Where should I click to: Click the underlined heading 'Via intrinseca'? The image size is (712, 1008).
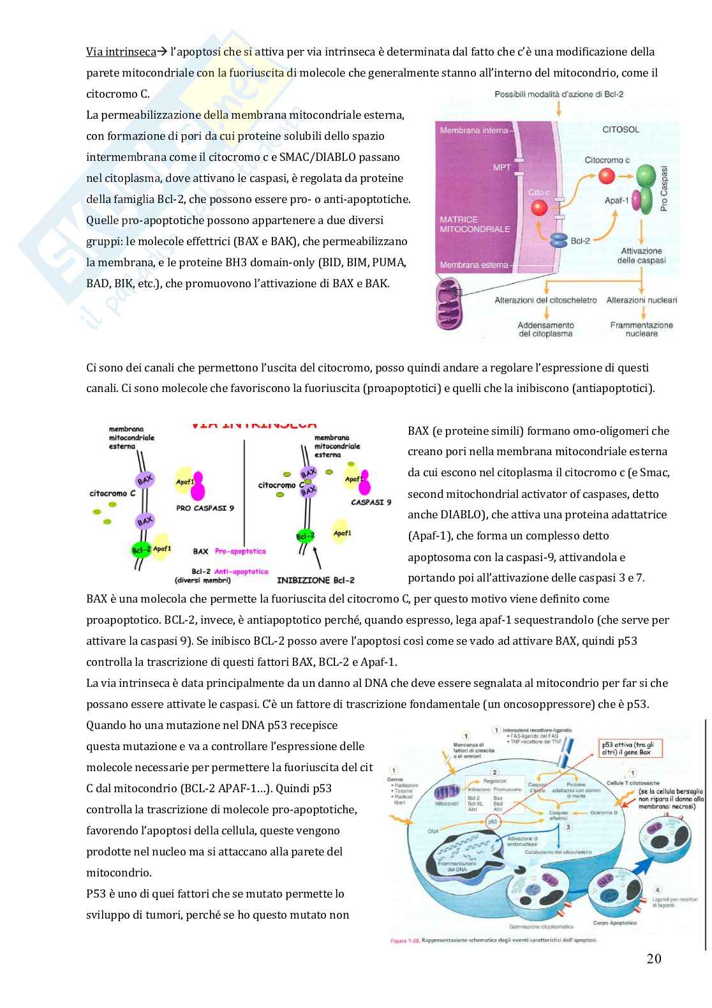point(121,52)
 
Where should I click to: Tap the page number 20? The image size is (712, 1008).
point(653,958)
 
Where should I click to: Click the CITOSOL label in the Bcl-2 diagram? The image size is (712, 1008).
point(620,130)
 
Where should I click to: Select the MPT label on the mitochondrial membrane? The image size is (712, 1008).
point(501,167)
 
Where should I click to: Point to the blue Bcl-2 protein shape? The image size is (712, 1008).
point(559,241)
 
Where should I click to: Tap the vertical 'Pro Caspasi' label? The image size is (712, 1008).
point(664,188)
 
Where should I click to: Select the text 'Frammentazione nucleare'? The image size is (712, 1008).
point(641,329)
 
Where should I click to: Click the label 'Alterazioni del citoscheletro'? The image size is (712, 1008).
point(545,300)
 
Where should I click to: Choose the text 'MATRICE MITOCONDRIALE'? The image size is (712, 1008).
point(474,224)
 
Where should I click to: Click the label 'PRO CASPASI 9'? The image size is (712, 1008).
point(205,508)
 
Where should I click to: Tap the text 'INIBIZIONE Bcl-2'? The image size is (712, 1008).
point(315,580)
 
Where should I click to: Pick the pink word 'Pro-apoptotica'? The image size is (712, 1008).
point(241,551)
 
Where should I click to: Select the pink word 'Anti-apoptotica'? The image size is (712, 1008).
point(241,571)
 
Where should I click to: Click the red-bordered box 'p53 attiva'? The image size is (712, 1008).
point(631,748)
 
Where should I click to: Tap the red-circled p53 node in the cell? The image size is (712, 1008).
point(492,822)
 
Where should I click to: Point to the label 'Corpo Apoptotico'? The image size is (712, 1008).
point(614,922)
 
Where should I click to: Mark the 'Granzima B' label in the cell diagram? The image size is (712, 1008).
point(604,813)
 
